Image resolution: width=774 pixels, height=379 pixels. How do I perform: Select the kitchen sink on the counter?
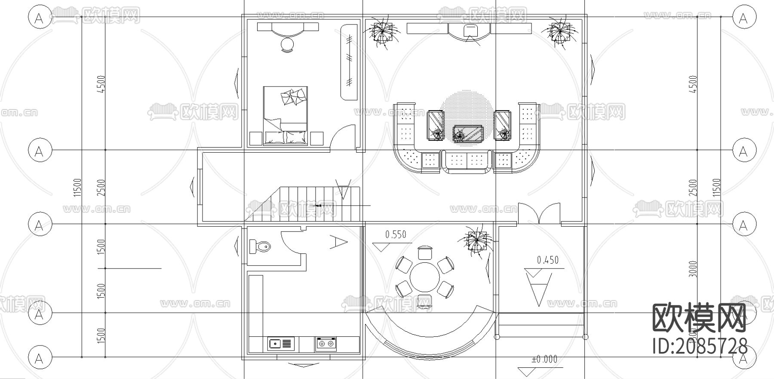[x=280, y=344]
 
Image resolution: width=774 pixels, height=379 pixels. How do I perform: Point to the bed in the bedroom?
[x=286, y=115]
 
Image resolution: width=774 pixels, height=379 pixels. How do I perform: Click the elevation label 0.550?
[x=396, y=235]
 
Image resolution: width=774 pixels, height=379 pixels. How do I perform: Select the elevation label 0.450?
[x=548, y=260]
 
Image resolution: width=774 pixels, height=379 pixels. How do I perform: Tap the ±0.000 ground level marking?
[x=544, y=359]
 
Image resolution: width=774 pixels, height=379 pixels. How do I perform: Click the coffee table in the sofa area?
[x=468, y=133]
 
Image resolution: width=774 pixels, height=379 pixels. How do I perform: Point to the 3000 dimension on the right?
[x=693, y=268]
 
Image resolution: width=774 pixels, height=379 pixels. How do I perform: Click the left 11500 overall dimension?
[x=77, y=187]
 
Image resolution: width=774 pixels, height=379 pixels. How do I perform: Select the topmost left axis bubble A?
[x=40, y=18]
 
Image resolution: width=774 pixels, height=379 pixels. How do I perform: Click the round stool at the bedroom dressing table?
[x=287, y=44]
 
